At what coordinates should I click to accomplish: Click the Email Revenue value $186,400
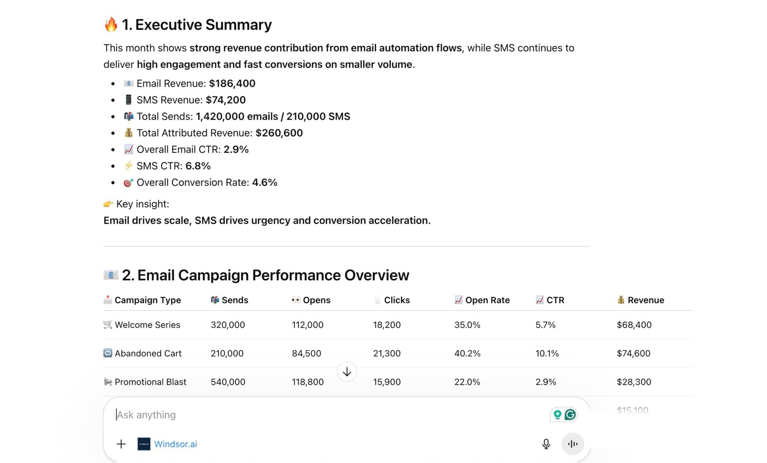tap(232, 83)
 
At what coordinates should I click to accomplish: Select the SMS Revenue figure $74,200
tap(225, 100)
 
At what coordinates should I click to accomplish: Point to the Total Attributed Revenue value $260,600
tap(279, 133)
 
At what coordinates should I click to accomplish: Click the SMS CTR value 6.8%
tap(198, 166)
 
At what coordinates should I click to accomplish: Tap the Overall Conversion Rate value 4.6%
tap(265, 182)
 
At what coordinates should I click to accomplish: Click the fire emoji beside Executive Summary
tap(111, 24)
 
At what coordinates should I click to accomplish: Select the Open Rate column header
tap(487, 300)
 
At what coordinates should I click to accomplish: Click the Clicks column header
tap(396, 300)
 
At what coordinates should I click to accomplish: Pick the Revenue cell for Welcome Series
tap(634, 325)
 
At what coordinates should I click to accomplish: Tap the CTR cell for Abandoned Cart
tap(547, 353)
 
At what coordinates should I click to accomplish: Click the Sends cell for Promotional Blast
tap(228, 382)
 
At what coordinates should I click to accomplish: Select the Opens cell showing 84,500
tap(306, 353)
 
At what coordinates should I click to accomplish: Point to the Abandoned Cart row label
tap(148, 353)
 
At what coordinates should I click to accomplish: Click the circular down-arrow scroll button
tap(347, 372)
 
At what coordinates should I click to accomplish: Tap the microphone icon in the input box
tap(546, 444)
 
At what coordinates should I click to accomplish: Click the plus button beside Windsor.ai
tap(121, 444)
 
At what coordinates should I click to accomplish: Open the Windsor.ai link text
tap(175, 444)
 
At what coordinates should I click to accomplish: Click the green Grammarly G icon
tap(570, 415)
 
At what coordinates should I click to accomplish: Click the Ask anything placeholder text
tap(146, 415)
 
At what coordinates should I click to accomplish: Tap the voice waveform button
tap(573, 444)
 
